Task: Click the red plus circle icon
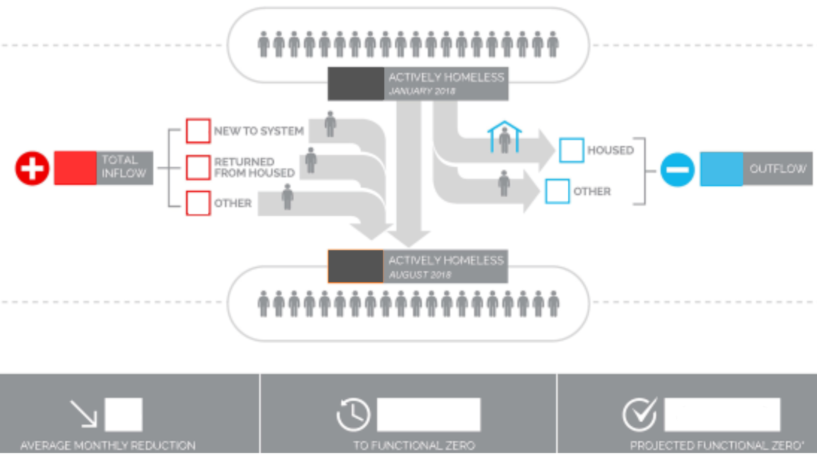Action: pyautogui.click(x=32, y=168)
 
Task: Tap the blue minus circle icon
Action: pyautogui.click(x=677, y=169)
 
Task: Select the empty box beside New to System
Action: pyautogui.click(x=198, y=131)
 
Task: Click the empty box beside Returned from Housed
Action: pyautogui.click(x=198, y=167)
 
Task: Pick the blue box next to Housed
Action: pyautogui.click(x=571, y=150)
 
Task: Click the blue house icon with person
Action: pyautogui.click(x=504, y=137)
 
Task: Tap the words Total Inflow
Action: pyautogui.click(x=124, y=167)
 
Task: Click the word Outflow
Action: pyautogui.click(x=777, y=169)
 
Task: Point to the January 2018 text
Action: pyautogui.click(x=422, y=91)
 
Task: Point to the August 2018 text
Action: pyautogui.click(x=420, y=275)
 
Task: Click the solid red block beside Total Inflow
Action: pyautogui.click(x=75, y=168)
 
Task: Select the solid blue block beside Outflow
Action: pyautogui.click(x=721, y=169)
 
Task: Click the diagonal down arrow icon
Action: pyautogui.click(x=83, y=413)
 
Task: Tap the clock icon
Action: pyautogui.click(x=353, y=414)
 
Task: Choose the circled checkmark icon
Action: pyautogui.click(x=639, y=414)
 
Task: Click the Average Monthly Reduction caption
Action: pyautogui.click(x=108, y=445)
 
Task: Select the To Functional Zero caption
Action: pyautogui.click(x=414, y=445)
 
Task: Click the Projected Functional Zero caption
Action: pyautogui.click(x=716, y=445)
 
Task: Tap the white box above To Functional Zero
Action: pyautogui.click(x=428, y=414)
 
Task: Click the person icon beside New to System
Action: pyautogui.click(x=330, y=124)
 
